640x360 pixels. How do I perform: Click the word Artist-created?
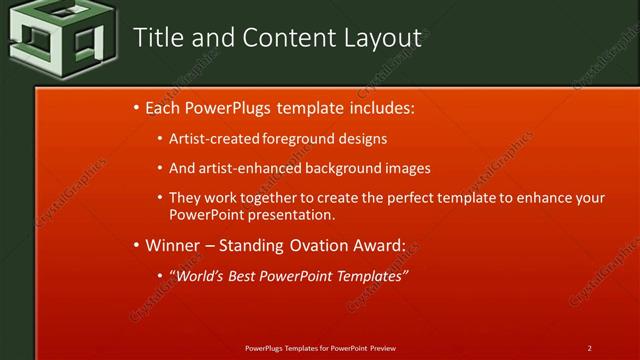215,139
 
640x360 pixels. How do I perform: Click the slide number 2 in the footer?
590,348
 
